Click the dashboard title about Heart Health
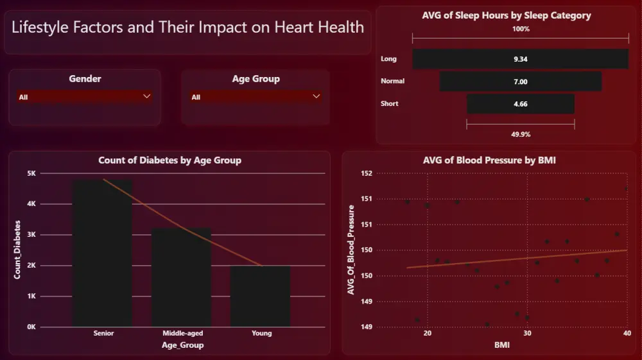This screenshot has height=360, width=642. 187,28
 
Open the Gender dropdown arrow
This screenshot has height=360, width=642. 147,96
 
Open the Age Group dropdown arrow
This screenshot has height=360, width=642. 316,96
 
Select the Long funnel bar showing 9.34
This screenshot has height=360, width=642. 520,59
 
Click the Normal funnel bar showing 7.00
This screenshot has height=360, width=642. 520,81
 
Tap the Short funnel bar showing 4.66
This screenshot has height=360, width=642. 520,104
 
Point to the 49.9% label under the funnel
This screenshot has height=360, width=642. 521,134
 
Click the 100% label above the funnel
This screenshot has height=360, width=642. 521,29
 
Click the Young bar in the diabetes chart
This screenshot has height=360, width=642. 261,296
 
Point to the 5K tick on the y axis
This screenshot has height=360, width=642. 31,173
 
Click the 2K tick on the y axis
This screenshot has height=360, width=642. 31,266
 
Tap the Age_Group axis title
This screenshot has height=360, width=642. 182,345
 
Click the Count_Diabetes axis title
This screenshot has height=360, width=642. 17,250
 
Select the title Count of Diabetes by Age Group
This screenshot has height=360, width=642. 169,160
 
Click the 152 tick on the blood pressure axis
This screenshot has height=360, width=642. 367,173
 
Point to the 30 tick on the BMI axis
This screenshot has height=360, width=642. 527,333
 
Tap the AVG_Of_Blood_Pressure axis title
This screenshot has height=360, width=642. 351,250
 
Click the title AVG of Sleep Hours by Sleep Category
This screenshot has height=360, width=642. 507,15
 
